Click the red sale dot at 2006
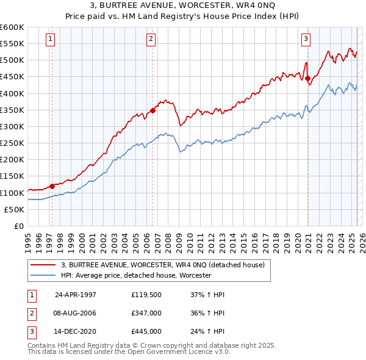(x=152, y=110)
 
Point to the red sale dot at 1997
(x=52, y=186)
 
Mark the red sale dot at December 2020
(x=308, y=78)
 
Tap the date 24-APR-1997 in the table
(x=76, y=295)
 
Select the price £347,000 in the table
(x=146, y=314)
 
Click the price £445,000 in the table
(x=146, y=332)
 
